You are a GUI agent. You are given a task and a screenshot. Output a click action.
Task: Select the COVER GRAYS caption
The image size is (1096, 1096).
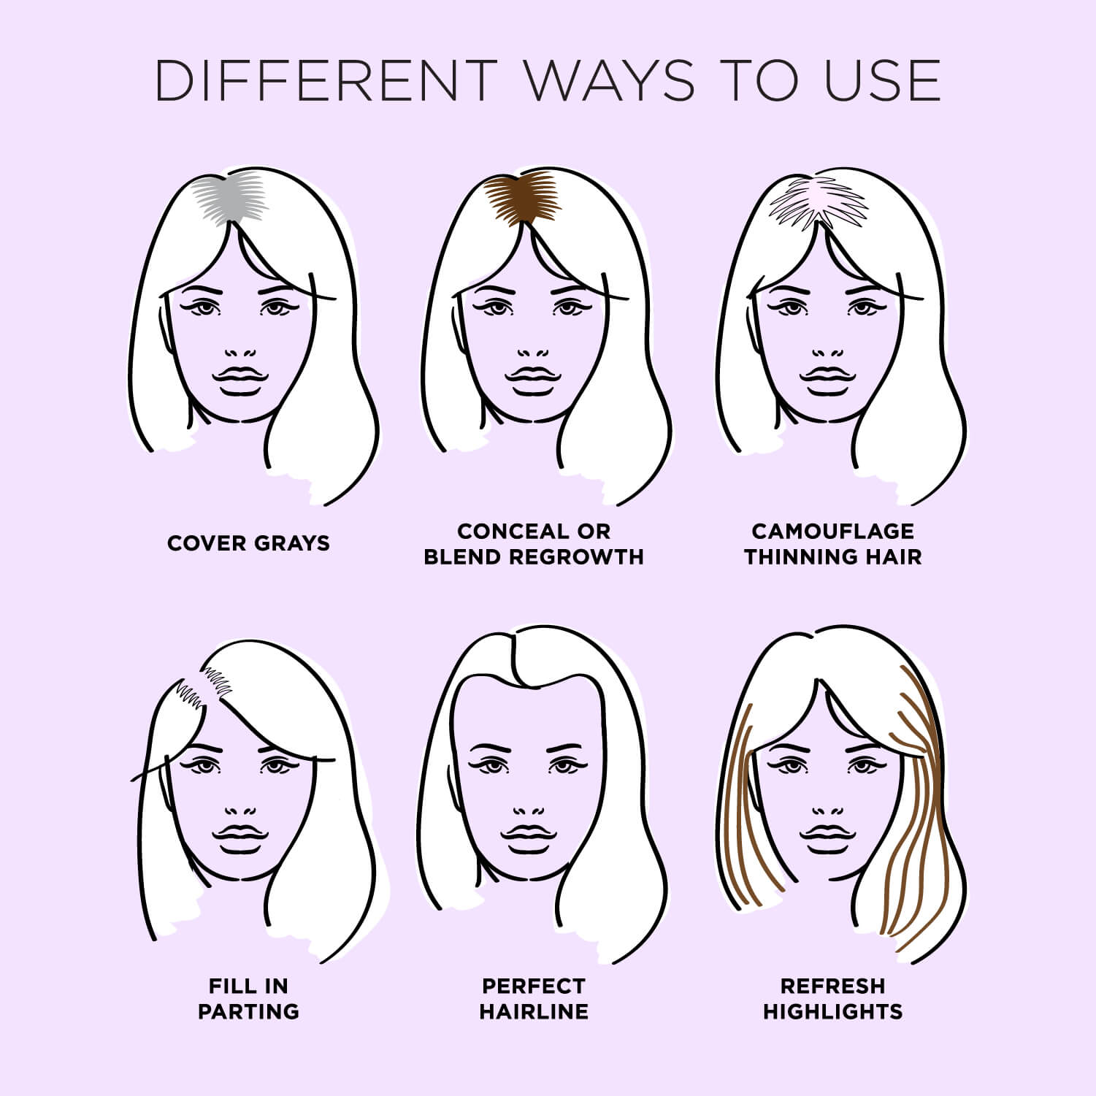pyautogui.click(x=248, y=543)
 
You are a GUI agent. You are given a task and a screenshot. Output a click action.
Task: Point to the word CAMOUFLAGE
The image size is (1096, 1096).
pyautogui.click(x=832, y=531)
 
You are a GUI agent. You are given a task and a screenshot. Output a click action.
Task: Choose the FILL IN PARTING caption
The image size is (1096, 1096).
pyautogui.click(x=248, y=998)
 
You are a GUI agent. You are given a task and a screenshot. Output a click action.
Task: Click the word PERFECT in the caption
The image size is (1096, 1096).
pyautogui.click(x=534, y=986)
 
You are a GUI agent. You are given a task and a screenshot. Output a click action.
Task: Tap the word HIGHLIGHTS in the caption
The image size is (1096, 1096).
pyautogui.click(x=832, y=1011)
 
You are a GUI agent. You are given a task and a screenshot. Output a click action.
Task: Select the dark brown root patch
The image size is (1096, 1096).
pyautogui.click(x=523, y=198)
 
